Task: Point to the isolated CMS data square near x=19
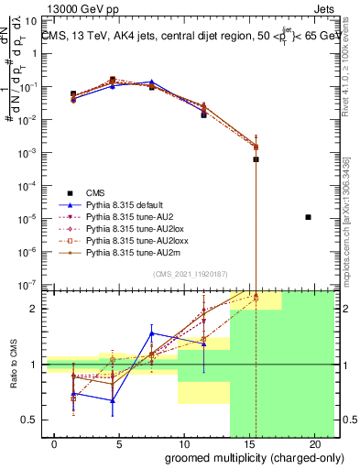point(308,217)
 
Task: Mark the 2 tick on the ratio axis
point(33,309)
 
